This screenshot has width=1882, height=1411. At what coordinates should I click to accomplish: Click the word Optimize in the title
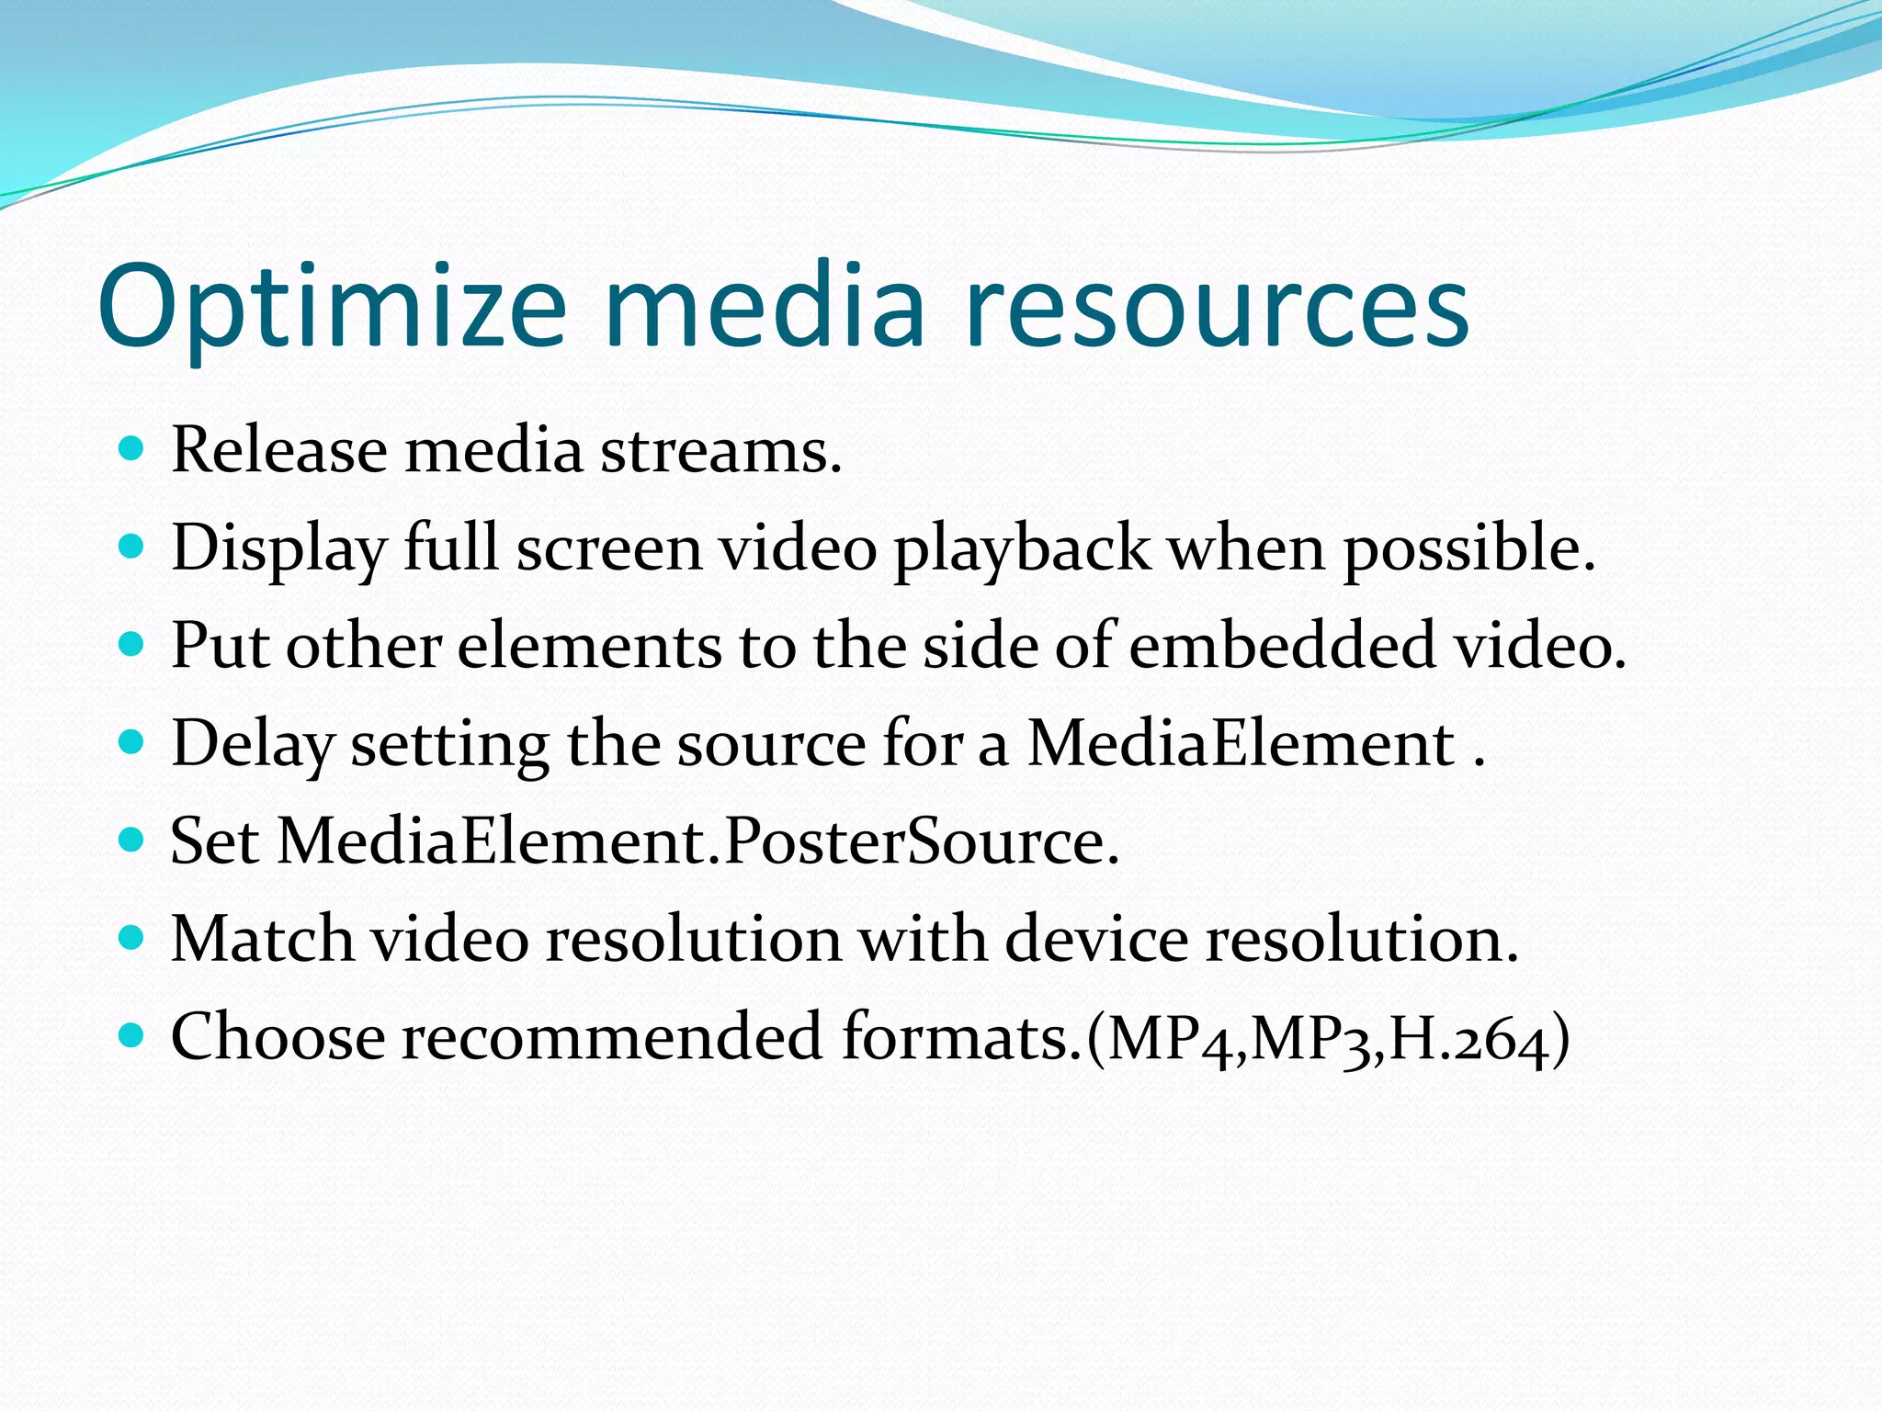[331, 308]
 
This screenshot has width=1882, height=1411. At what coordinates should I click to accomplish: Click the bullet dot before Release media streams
[132, 449]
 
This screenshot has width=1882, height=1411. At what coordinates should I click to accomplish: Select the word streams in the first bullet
[720, 452]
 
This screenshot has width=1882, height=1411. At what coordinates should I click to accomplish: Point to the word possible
[1468, 549]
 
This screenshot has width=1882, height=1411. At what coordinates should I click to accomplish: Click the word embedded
[1281, 646]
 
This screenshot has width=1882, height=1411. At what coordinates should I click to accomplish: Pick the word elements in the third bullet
[589, 646]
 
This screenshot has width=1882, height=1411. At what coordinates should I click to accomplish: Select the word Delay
[252, 744]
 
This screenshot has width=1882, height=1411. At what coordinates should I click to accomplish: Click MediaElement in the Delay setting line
[1240, 744]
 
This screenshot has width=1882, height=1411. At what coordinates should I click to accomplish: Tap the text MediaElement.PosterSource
[697, 841]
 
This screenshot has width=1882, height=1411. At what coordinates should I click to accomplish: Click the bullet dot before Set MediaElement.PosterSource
[132, 840]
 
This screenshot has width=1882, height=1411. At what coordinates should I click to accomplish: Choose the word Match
[262, 940]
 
